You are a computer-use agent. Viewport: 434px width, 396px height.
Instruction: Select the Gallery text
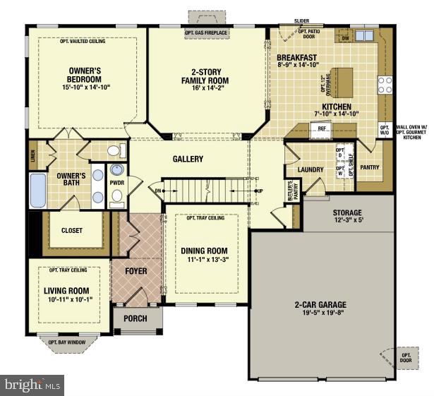(188, 159)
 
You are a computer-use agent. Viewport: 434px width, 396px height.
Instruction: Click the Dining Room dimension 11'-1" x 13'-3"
(205, 260)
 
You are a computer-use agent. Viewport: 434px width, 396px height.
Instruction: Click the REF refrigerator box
(321, 129)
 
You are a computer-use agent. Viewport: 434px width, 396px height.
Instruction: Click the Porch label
(135, 318)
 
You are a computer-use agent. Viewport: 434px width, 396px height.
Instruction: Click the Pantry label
(370, 167)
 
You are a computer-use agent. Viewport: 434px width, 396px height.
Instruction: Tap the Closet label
(72, 230)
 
